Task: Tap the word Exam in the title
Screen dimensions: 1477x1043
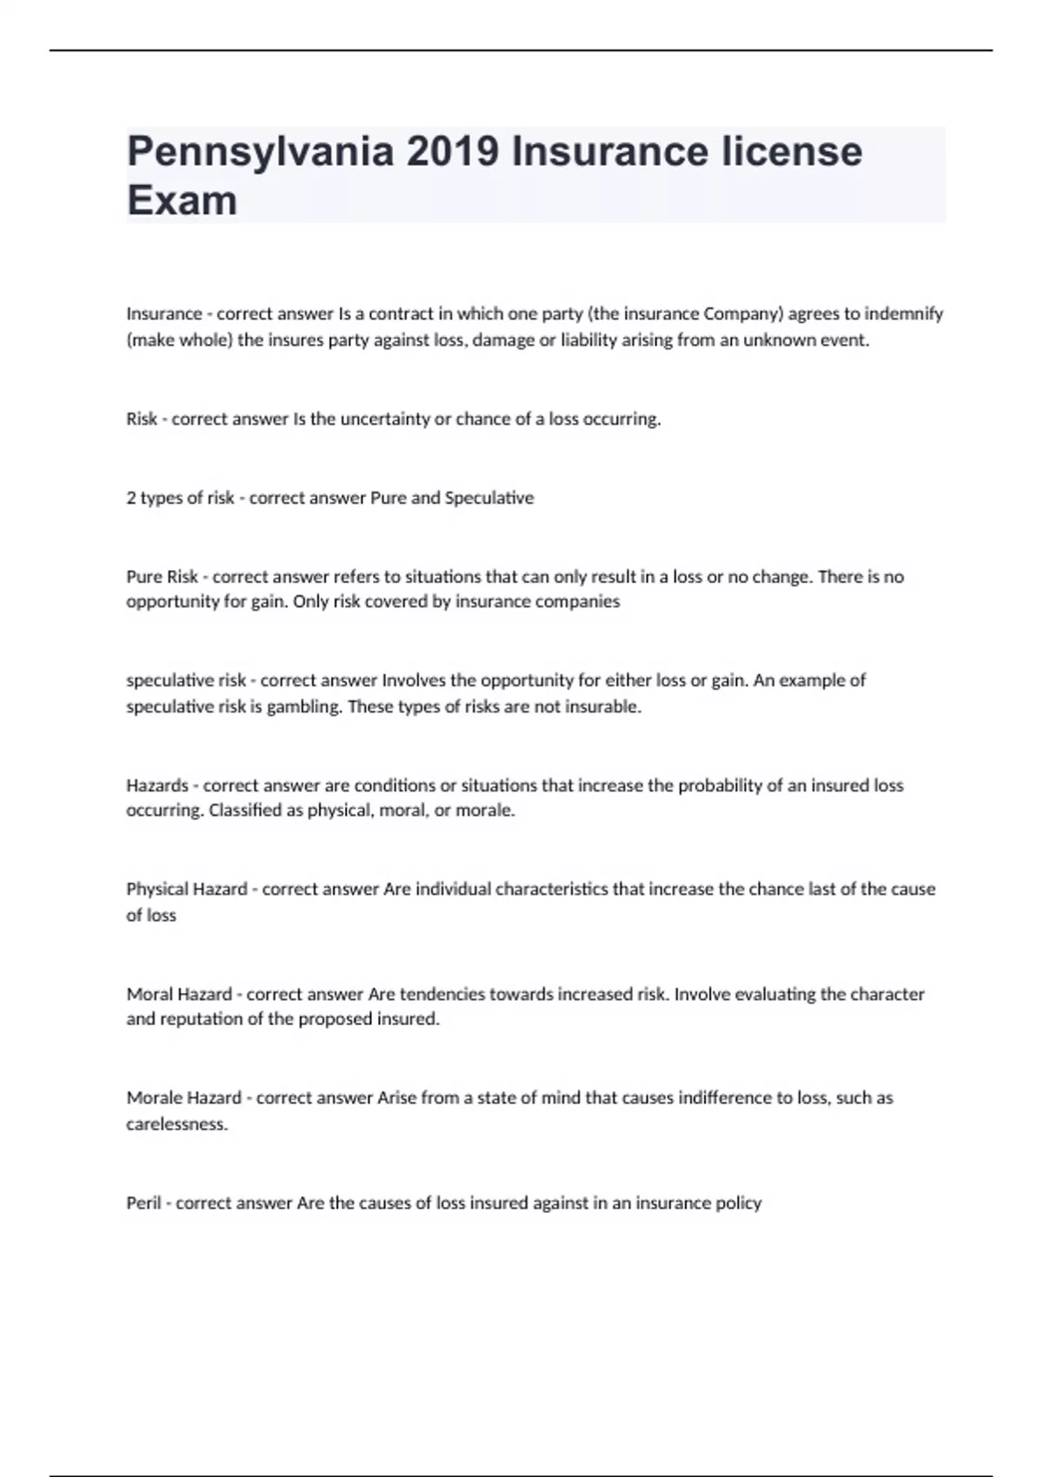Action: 182,201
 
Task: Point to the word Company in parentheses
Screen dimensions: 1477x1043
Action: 738,314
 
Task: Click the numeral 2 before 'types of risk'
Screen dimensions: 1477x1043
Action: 131,498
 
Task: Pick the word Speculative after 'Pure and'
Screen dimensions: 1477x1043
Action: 489,498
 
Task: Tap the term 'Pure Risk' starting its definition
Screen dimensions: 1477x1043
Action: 163,577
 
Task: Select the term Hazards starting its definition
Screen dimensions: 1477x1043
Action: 157,785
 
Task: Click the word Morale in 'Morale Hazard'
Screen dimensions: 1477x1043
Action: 153,1097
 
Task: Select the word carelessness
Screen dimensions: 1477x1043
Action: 177,1124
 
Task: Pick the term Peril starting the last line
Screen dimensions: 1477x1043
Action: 144,1203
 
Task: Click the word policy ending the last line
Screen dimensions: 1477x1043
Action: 738,1203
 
